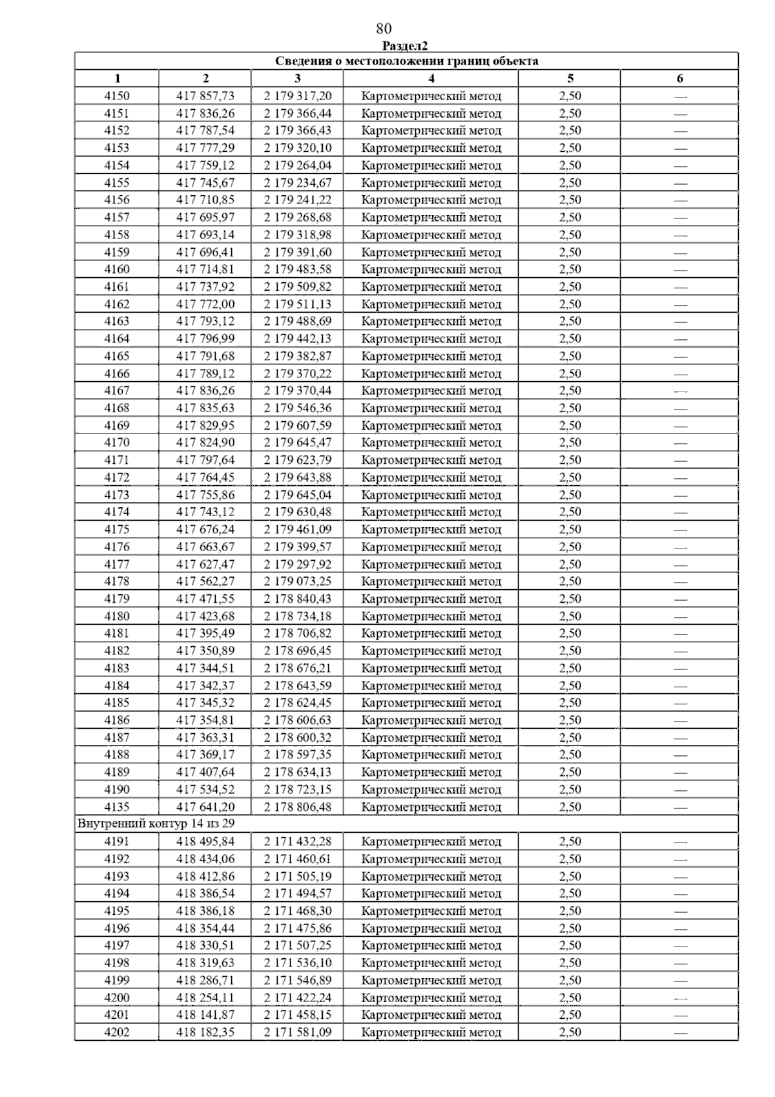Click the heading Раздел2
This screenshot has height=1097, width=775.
coord(405,46)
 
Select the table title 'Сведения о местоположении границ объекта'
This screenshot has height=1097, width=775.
coord(406,61)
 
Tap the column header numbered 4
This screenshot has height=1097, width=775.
coord(431,79)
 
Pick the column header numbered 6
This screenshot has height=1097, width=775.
coord(679,79)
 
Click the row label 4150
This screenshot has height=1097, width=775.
coord(117,96)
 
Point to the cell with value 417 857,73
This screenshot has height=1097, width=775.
coord(205,96)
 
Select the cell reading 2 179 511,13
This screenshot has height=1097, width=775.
coord(297,304)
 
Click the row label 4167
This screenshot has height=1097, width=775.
coord(117,391)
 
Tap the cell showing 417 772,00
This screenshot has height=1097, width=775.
coord(205,304)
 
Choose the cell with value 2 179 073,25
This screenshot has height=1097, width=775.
coord(297,581)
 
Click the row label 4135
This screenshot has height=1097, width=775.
coord(117,807)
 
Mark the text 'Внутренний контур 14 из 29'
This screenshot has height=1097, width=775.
coord(156,824)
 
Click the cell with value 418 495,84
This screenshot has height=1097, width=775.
coord(205,842)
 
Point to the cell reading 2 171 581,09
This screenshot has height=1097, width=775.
coord(297,1032)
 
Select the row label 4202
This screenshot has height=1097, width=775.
coord(117,1032)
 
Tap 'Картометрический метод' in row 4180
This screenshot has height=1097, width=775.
coord(431,616)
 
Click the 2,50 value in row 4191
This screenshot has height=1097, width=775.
coord(570,842)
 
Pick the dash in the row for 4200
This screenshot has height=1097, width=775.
coord(679,999)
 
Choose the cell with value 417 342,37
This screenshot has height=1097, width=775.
coord(205,685)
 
